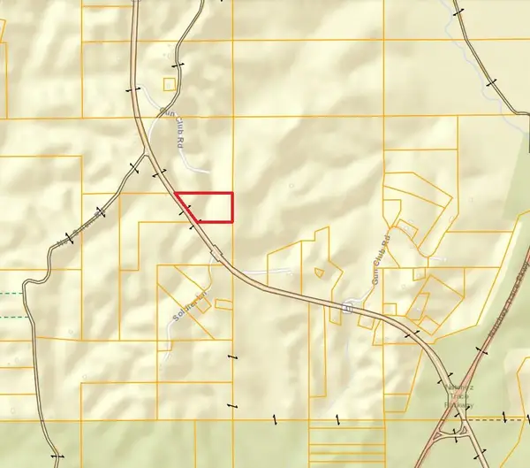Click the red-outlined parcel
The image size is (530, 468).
click(204, 207)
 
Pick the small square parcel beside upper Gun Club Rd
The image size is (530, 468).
click(170, 85)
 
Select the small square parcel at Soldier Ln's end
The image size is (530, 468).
click(204, 303)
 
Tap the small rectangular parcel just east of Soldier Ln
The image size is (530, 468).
click(223, 304)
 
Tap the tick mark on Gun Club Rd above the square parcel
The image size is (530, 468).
click(178, 65)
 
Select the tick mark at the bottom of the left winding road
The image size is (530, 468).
click(59, 456)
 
